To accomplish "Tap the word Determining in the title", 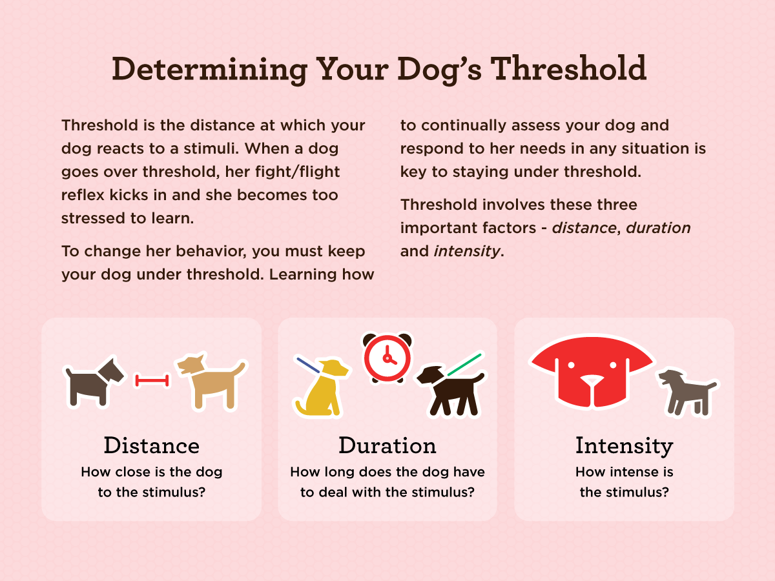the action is (x=210, y=70).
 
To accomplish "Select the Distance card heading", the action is (x=152, y=445).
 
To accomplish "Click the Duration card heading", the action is (x=387, y=445).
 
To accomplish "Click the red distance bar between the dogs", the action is (x=152, y=381).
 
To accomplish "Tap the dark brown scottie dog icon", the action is (x=95, y=382).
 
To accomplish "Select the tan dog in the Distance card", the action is (x=211, y=382).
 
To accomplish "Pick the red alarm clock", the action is (x=387, y=358).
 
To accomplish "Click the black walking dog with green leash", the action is (x=450, y=390).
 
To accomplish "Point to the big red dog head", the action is (x=592, y=371).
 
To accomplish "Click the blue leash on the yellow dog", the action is (x=308, y=365).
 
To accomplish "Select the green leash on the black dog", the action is (x=464, y=365).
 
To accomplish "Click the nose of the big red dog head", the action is (x=592, y=380).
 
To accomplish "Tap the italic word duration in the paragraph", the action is (x=658, y=228).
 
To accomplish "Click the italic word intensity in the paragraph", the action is (x=467, y=252).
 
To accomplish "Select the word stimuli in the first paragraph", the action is (x=211, y=148).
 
